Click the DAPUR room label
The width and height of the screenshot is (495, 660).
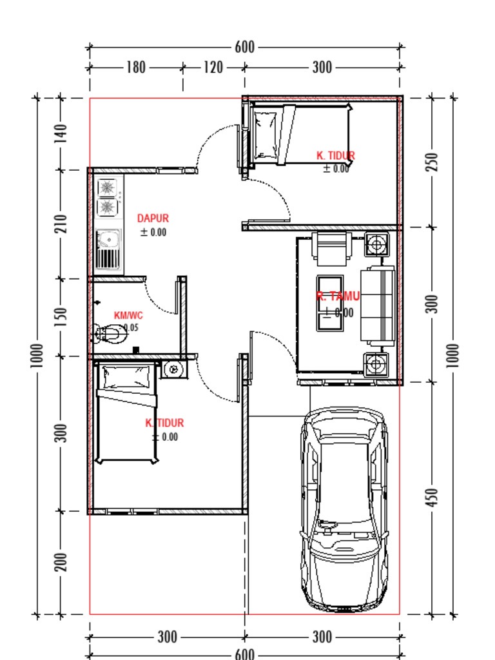pyautogui.click(x=153, y=219)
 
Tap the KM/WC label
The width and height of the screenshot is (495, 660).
pyautogui.click(x=128, y=316)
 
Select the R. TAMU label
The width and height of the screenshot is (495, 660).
pyautogui.click(x=338, y=296)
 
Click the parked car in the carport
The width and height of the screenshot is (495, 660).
pyautogui.click(x=345, y=509)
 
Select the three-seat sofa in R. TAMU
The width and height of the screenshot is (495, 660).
pyautogui.click(x=378, y=304)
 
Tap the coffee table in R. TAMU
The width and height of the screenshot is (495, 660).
pyautogui.click(x=331, y=303)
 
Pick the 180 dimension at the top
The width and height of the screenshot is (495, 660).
pyautogui.click(x=136, y=68)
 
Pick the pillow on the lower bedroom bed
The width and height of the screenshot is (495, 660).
pyautogui.click(x=126, y=373)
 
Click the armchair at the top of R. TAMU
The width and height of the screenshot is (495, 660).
pyautogui.click(x=331, y=246)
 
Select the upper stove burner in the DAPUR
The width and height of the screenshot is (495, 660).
pyautogui.click(x=107, y=188)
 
